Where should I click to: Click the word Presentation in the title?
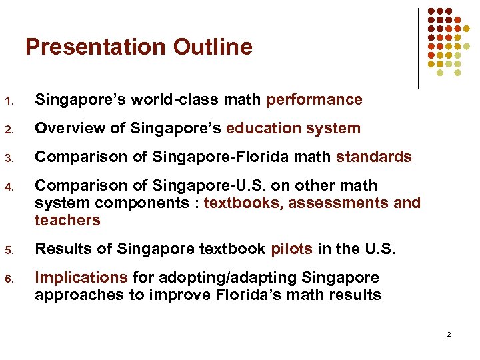click(x=96, y=47)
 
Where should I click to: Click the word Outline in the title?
click(x=213, y=47)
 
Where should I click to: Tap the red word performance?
click(x=314, y=100)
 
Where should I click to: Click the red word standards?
click(x=373, y=157)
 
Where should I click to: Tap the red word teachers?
click(x=67, y=220)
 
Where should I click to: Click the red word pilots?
click(x=291, y=249)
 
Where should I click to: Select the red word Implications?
click(x=81, y=277)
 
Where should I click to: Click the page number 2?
click(x=449, y=334)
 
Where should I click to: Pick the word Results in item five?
click(x=61, y=249)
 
